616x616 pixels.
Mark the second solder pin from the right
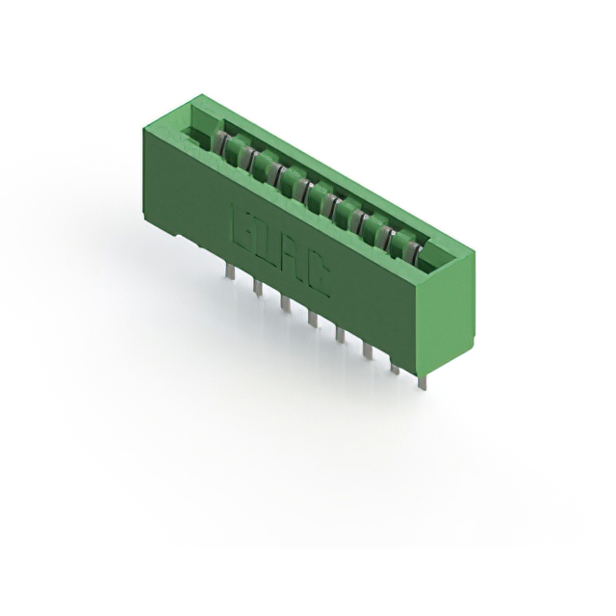pos(394,367)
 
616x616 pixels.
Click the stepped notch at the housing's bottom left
pos(189,242)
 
